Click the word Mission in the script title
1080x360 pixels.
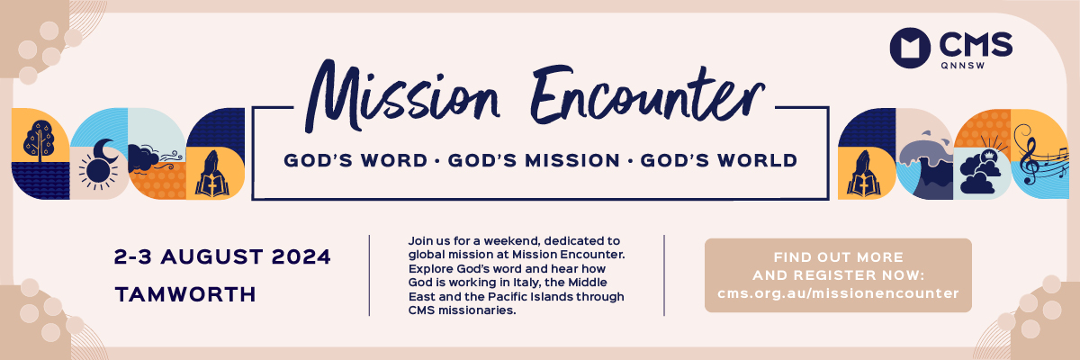click(402, 96)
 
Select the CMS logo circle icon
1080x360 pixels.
click(910, 48)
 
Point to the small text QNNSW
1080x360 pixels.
click(963, 66)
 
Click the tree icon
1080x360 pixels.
click(40, 140)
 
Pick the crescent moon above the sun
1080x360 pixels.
click(105, 151)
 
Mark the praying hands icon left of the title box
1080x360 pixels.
click(212, 174)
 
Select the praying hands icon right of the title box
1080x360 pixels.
click(864, 174)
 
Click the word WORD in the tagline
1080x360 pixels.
click(394, 160)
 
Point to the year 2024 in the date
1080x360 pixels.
click(301, 256)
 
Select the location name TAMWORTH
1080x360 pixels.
click(185, 294)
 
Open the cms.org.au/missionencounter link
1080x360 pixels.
click(838, 293)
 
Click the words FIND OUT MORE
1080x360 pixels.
click(839, 256)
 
